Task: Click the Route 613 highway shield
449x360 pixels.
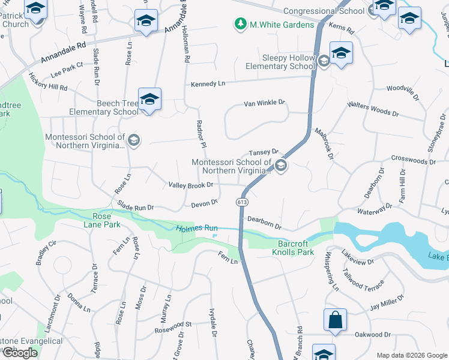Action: point(241,202)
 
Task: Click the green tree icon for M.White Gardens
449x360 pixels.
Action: point(241,25)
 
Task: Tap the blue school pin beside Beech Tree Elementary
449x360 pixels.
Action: point(149,99)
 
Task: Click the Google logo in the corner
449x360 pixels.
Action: point(20,353)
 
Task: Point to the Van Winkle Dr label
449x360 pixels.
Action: point(264,103)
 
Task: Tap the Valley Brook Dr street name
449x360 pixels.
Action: point(191,185)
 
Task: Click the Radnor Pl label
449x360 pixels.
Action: point(202,134)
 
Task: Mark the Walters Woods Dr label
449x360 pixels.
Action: point(373,109)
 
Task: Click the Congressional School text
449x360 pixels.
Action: point(324,11)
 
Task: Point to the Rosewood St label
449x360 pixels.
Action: point(173,325)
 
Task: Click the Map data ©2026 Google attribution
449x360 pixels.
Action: point(411,355)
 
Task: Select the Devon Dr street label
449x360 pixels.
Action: point(204,203)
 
